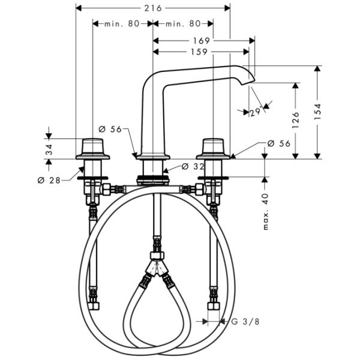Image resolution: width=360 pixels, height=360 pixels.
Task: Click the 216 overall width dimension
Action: point(153,8)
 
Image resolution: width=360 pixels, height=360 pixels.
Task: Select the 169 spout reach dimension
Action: point(202,41)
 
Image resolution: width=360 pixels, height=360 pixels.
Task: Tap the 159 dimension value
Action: point(199,52)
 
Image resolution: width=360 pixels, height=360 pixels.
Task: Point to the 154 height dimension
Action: point(317,112)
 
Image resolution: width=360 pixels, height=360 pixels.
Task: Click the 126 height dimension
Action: point(296,120)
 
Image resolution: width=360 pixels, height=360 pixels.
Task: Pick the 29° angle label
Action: point(256,112)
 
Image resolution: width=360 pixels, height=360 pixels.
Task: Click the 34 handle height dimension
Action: point(49,149)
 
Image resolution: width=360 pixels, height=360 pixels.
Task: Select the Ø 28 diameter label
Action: point(49,181)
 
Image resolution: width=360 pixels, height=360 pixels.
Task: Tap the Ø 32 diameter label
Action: point(193,167)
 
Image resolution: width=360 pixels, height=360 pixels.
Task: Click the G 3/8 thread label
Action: point(245,322)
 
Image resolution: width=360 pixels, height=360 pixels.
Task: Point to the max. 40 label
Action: point(265,212)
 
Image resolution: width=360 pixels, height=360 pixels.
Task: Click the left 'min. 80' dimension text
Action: point(122,23)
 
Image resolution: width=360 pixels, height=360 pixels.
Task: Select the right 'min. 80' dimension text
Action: point(183,23)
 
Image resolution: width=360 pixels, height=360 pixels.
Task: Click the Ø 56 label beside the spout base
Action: point(110,130)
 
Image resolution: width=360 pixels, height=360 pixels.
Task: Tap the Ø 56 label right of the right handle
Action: point(279,144)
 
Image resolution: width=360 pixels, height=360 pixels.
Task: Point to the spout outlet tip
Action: point(248,83)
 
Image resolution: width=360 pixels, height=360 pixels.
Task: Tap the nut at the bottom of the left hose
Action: point(94,305)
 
